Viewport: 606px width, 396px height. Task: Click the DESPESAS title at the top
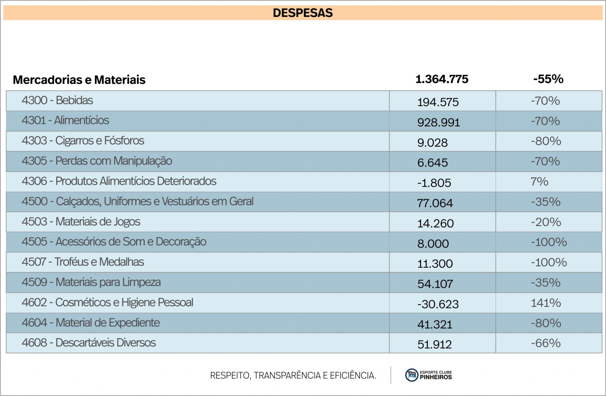pos(303,13)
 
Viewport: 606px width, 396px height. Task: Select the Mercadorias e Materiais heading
pos(79,80)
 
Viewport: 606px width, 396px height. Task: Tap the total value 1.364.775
pos(442,79)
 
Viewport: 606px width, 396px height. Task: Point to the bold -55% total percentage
pos(548,79)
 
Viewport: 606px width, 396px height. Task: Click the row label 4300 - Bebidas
pos(57,100)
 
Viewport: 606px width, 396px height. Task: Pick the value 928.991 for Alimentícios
pos(439,122)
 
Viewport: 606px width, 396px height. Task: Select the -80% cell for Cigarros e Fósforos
pos(546,141)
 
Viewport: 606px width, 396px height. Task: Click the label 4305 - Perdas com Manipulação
pos(97,161)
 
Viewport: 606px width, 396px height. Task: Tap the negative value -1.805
pos(434,183)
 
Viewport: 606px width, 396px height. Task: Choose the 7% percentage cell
pos(539,181)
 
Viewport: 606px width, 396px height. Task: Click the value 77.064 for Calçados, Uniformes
pos(435,203)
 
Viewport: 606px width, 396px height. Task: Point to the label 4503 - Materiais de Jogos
pos(81,222)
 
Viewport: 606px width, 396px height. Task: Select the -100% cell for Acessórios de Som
pos(549,242)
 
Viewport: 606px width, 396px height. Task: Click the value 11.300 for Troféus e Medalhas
pos(435,263)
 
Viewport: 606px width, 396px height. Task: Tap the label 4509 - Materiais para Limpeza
pos(91,282)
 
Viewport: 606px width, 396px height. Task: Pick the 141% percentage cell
pos(546,303)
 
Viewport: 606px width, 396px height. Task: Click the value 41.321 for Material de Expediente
pos(435,324)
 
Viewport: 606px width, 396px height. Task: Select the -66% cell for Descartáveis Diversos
pos(546,343)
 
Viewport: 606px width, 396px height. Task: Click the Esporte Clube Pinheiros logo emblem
pos(411,375)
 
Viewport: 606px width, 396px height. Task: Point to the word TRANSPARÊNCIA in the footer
pos(287,375)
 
